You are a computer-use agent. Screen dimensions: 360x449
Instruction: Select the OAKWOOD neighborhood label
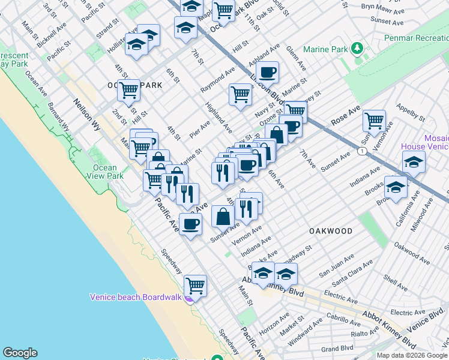[331, 231]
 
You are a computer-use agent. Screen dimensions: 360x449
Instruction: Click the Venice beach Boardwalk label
[136, 296]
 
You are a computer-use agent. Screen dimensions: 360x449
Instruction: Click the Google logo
[20, 353]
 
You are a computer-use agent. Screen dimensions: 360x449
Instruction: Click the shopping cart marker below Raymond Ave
[240, 94]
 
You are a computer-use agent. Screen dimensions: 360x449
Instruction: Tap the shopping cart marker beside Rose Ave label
[374, 121]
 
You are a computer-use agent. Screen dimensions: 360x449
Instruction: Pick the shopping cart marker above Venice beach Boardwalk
[196, 286]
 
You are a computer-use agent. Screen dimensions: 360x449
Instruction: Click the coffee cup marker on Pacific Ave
[191, 224]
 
